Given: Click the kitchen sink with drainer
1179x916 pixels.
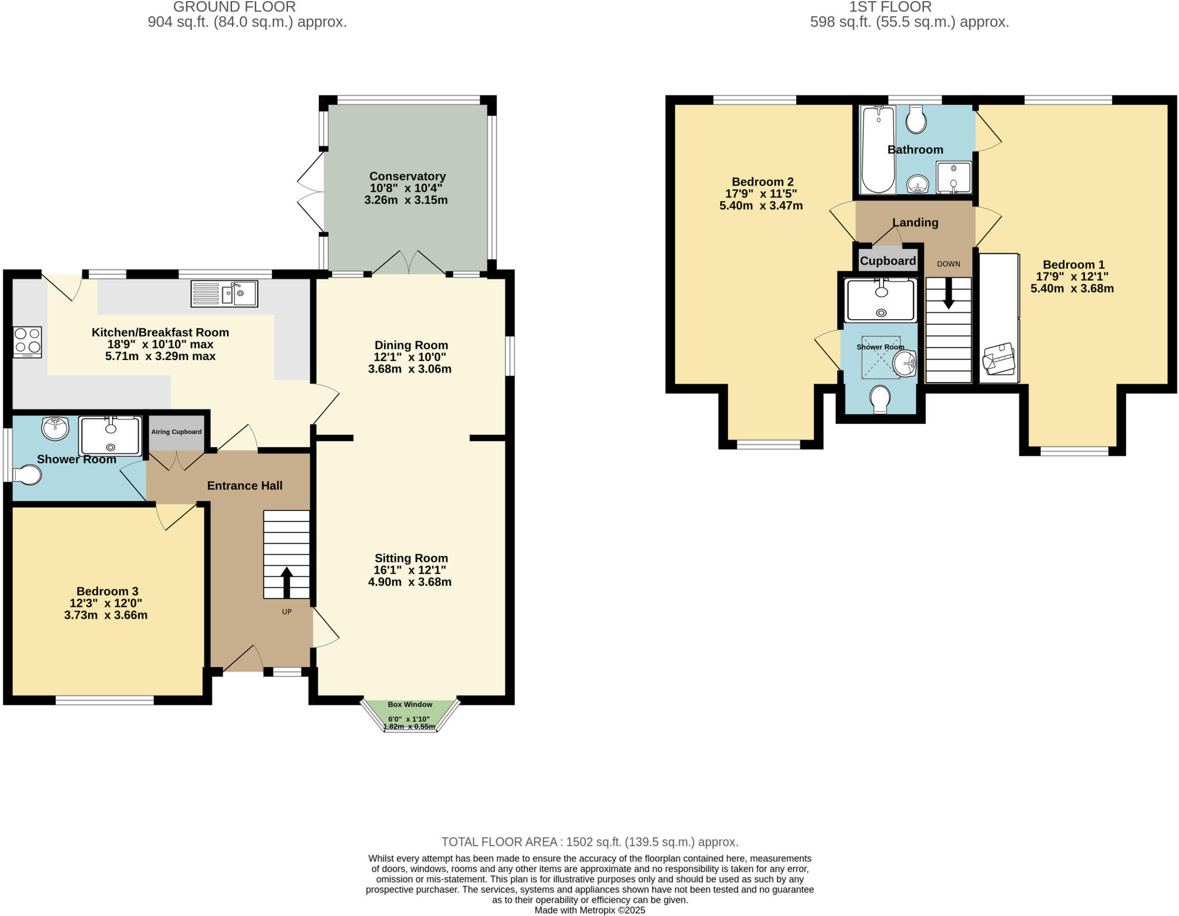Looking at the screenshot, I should (224, 294).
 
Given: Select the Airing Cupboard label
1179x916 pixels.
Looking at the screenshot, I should (176, 432).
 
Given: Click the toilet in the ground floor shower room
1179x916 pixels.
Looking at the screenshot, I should (28, 476).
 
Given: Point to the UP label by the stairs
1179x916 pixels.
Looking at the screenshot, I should (287, 612).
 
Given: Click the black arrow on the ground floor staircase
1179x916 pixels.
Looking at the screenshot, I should (286, 582).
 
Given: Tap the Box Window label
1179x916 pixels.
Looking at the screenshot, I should (410, 705).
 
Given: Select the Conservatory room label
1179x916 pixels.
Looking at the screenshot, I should (407, 176).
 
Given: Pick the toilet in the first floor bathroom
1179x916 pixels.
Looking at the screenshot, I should (916, 119).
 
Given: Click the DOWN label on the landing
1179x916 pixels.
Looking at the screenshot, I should (948, 264).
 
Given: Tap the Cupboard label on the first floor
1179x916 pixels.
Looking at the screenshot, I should (888, 261).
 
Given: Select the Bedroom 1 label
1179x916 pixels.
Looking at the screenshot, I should (1073, 264).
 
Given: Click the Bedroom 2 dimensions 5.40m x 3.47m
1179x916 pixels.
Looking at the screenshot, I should (760, 206).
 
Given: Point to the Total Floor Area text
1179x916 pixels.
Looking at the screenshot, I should (589, 842).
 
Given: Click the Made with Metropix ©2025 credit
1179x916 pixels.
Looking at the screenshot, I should (589, 910).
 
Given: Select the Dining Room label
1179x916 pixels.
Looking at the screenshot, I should (410, 345).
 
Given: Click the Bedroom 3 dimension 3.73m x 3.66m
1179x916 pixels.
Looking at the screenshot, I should (106, 615).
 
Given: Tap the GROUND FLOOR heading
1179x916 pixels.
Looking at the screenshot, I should (234, 7).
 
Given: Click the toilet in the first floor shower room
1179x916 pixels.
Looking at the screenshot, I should (880, 399).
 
